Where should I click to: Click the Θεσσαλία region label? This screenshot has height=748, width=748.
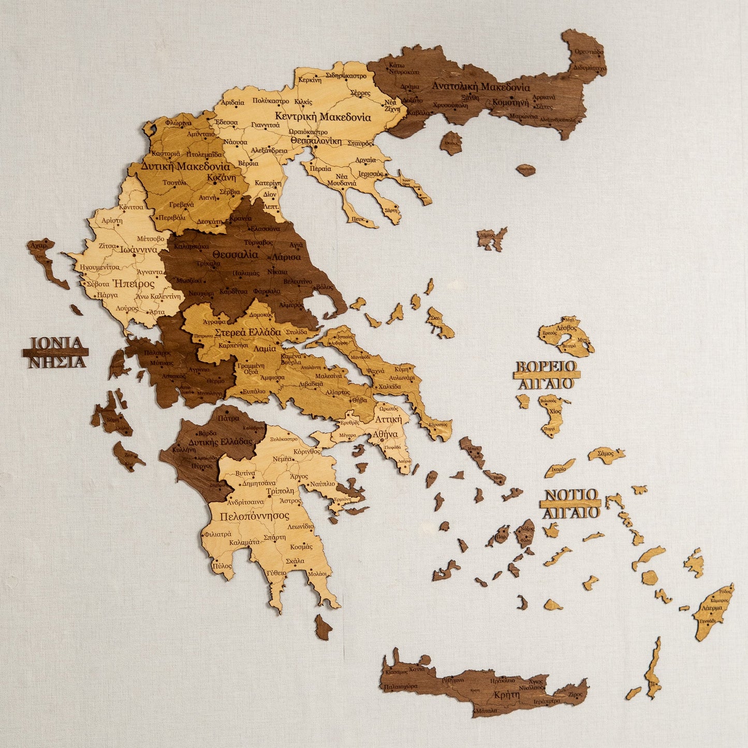click(235, 255)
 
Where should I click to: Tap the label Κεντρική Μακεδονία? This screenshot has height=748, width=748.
click(322, 116)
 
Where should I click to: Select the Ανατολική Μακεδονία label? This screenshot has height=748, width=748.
click(480, 86)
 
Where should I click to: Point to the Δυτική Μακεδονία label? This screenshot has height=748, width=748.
click(185, 167)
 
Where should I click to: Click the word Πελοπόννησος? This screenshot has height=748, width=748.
click(254, 516)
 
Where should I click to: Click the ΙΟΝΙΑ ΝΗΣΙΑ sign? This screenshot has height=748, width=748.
click(56, 352)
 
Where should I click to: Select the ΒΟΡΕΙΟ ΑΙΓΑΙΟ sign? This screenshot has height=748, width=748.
click(547, 374)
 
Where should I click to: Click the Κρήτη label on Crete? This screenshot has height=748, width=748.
click(506, 695)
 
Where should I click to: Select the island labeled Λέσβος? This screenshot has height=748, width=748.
click(566, 328)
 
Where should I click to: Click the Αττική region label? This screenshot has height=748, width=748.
click(388, 419)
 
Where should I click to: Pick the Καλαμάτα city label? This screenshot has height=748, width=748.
click(243, 542)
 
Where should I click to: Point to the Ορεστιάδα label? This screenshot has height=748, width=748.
click(589, 52)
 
